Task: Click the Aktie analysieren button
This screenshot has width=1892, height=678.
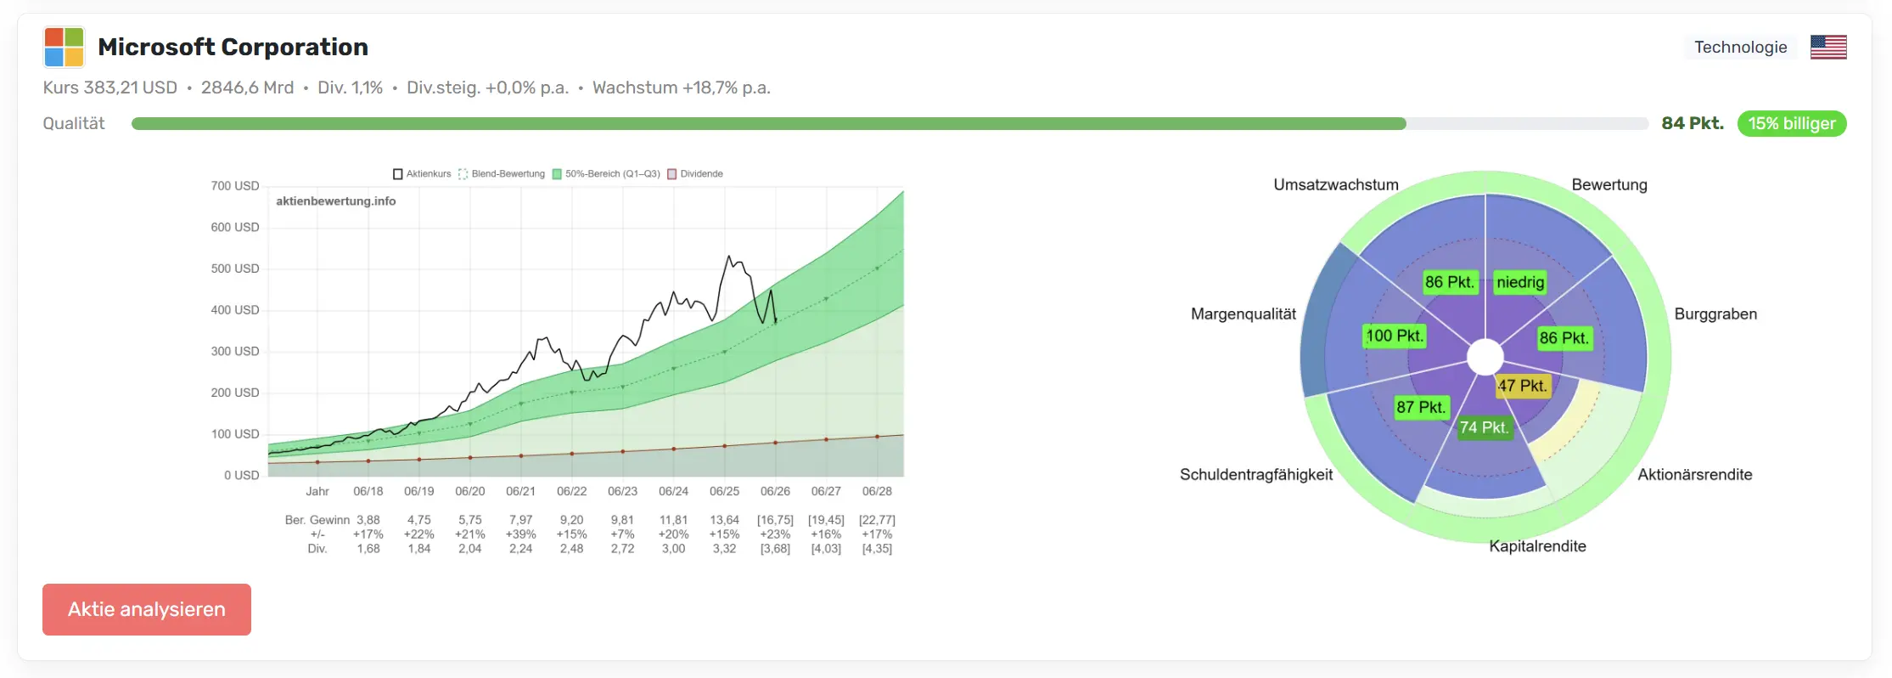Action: [147, 609]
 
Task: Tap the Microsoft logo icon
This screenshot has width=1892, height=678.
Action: [64, 47]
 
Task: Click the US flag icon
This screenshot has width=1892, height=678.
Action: [1828, 47]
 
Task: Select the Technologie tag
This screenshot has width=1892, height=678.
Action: [1740, 47]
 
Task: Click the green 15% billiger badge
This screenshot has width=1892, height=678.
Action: [1792, 123]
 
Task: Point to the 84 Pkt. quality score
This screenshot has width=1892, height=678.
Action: [1693, 123]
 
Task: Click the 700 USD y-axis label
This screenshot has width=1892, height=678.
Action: [235, 186]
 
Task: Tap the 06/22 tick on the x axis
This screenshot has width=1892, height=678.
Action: [571, 491]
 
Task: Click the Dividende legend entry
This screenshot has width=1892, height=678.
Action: [695, 174]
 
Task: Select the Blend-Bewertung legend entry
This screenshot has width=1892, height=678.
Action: [502, 174]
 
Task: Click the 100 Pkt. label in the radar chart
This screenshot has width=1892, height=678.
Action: [1394, 336]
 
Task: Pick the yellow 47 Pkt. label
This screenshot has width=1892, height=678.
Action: [1523, 386]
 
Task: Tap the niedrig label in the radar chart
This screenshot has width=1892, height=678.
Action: [1520, 282]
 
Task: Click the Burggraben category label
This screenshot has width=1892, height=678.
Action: [1715, 314]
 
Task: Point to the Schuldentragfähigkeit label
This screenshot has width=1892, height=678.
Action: [1256, 475]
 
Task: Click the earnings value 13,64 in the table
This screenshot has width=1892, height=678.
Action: [724, 520]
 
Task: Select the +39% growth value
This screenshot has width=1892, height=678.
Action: [520, 534]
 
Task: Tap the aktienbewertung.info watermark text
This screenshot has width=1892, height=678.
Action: [336, 201]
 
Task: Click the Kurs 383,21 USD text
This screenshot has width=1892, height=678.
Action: [110, 88]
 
